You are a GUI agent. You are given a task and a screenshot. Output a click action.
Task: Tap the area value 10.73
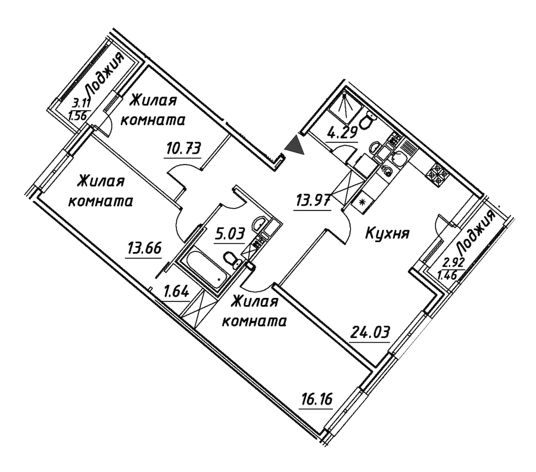(182, 149)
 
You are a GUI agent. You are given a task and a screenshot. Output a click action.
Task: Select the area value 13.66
(144, 249)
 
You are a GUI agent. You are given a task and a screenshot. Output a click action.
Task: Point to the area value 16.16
(317, 399)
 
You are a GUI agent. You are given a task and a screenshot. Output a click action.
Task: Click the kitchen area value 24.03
(370, 332)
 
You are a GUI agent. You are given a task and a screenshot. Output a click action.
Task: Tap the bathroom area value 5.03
(230, 235)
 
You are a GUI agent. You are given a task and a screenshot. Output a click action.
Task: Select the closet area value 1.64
(176, 293)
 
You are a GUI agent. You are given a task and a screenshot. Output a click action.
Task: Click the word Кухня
(388, 235)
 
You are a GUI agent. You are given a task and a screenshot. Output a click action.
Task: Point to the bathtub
(202, 269)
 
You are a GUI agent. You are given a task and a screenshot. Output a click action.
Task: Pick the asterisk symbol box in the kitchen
(362, 202)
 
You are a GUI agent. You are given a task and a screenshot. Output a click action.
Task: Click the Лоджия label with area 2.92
(476, 233)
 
